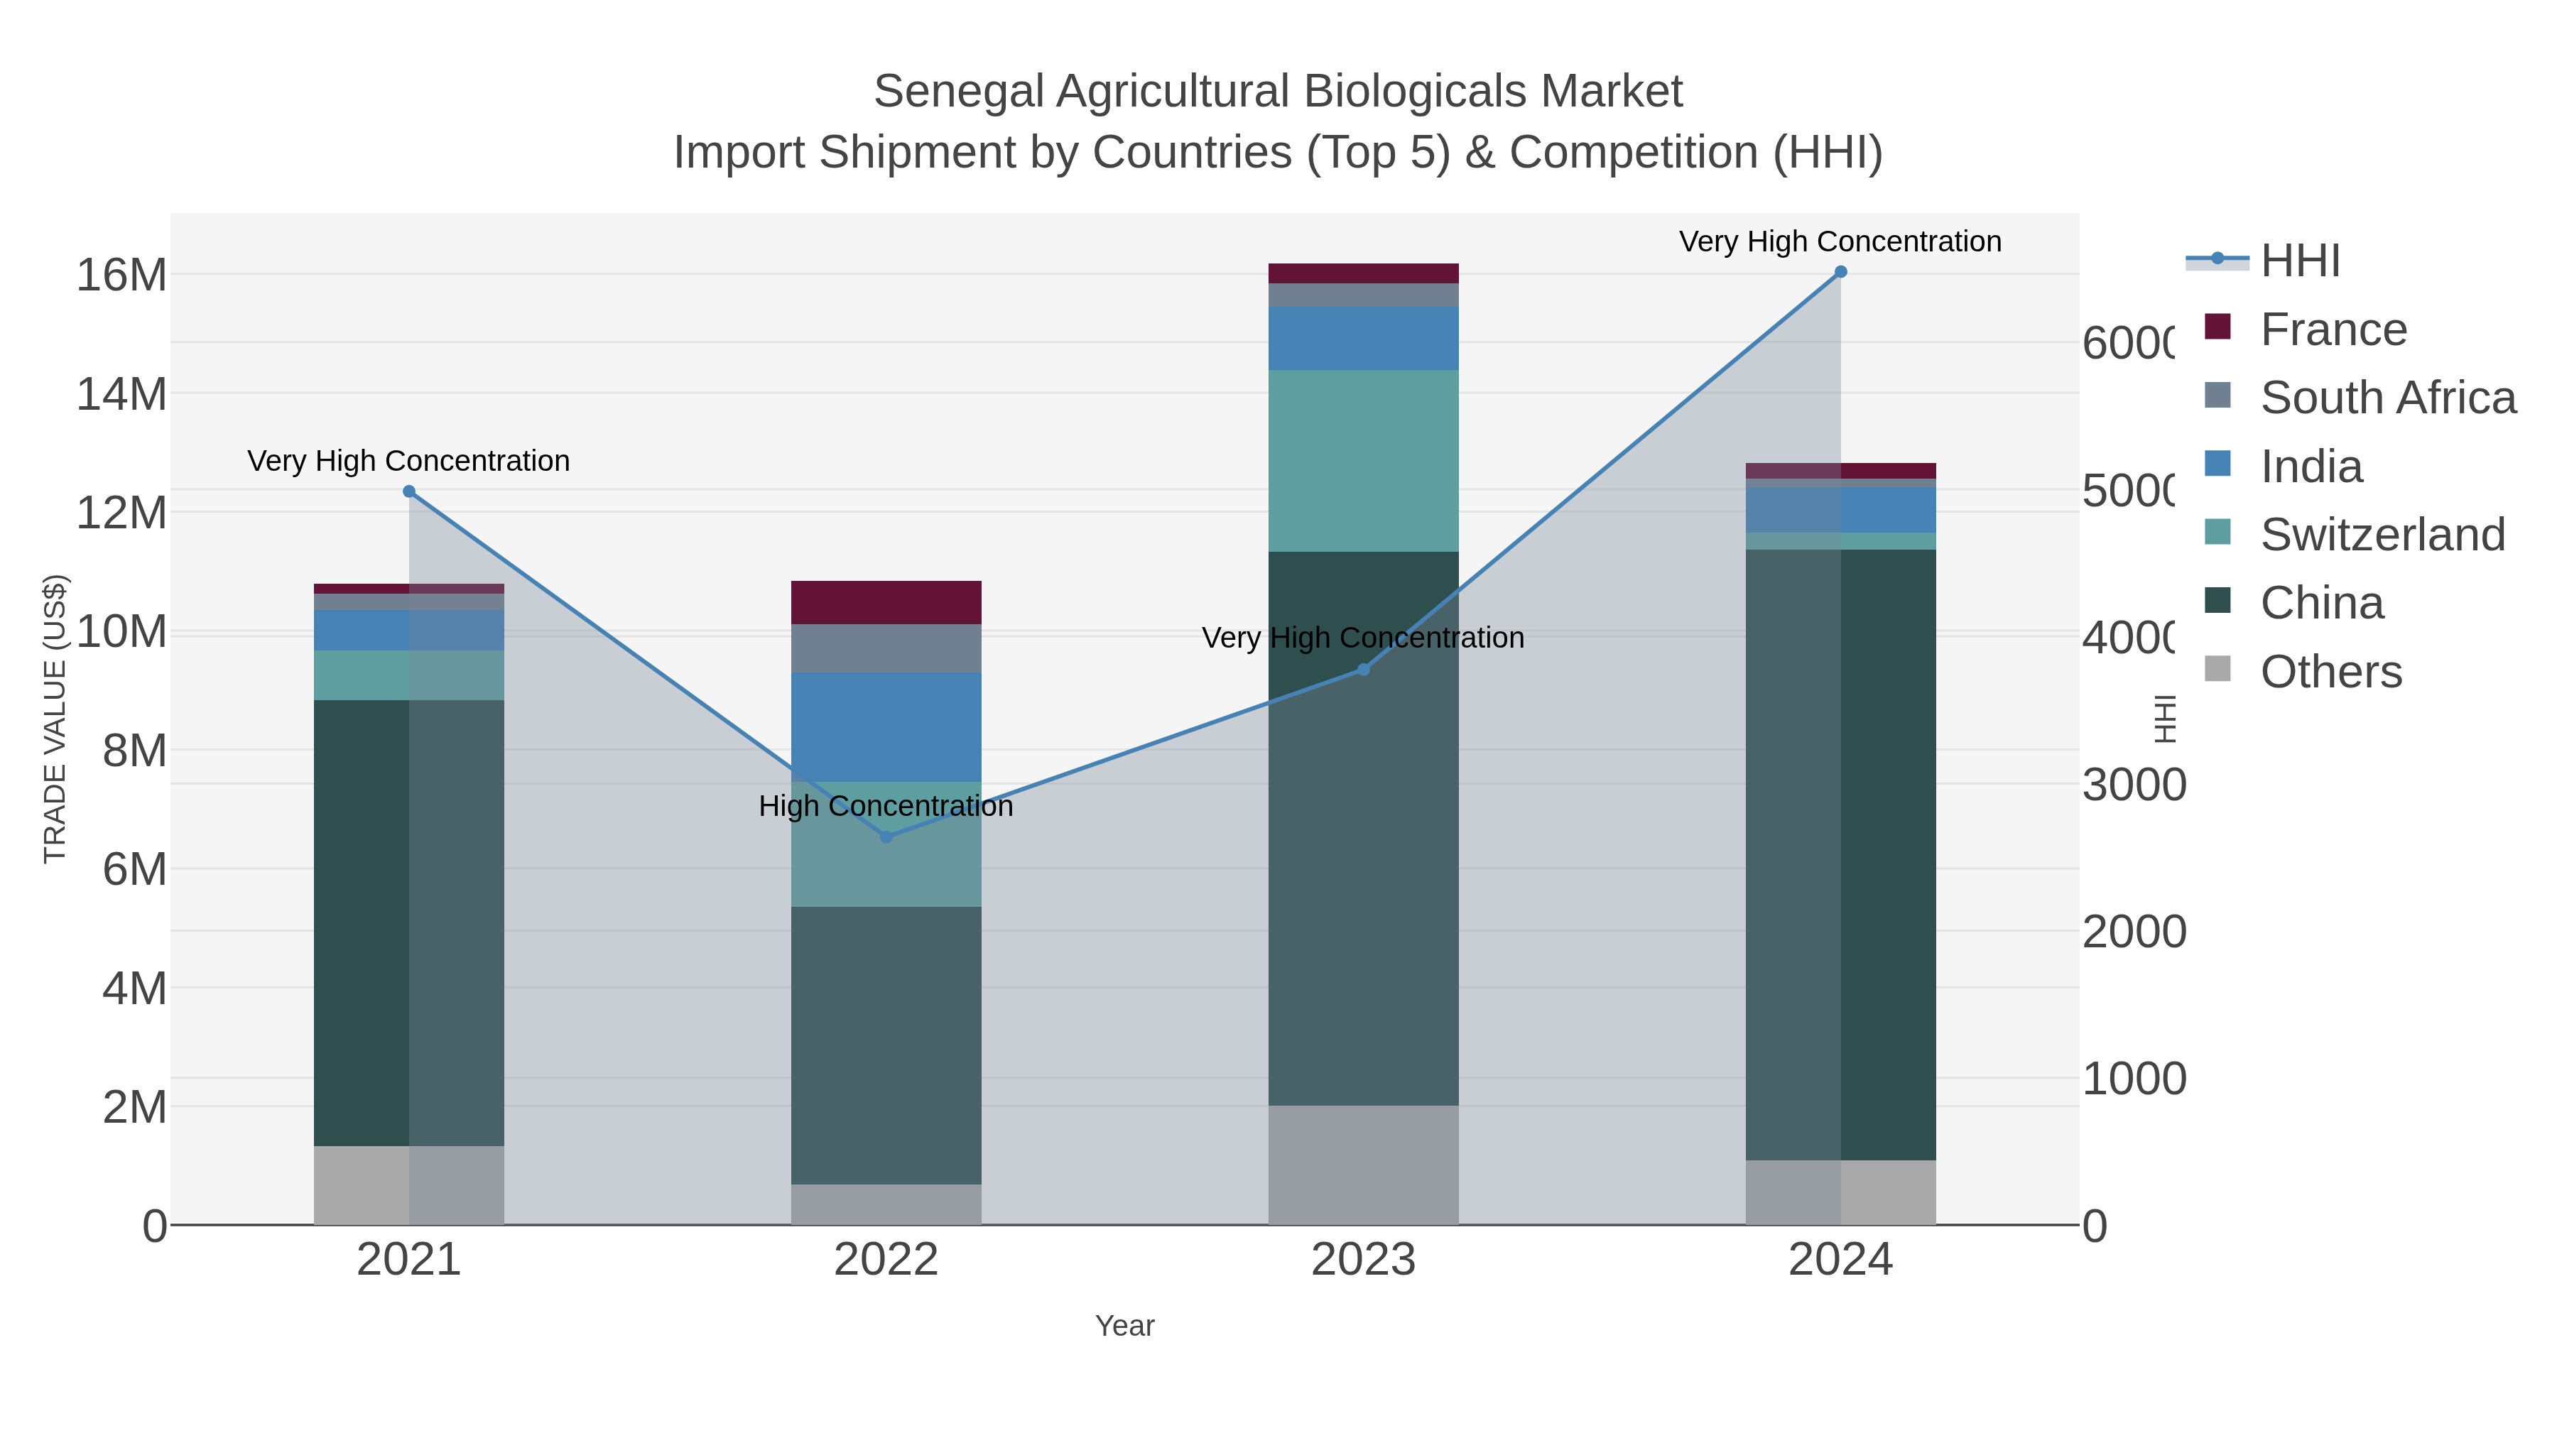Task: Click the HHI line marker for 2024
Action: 1840,272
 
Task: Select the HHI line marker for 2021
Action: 409,491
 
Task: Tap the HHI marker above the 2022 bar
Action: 886,837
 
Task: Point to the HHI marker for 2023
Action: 1363,670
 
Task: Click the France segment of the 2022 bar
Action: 886,602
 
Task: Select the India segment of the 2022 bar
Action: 886,726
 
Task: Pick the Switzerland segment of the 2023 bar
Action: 1363,460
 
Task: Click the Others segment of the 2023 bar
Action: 1363,1165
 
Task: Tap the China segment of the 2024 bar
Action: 1840,854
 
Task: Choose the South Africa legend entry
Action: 2387,398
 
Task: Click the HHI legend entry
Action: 2300,261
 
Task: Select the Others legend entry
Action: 2330,672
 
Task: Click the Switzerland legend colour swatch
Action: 2217,533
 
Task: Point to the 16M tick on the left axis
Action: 121,275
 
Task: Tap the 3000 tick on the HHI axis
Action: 2133,785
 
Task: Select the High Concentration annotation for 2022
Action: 886,806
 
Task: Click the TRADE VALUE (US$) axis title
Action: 55,719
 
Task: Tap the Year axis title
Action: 1124,1326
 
